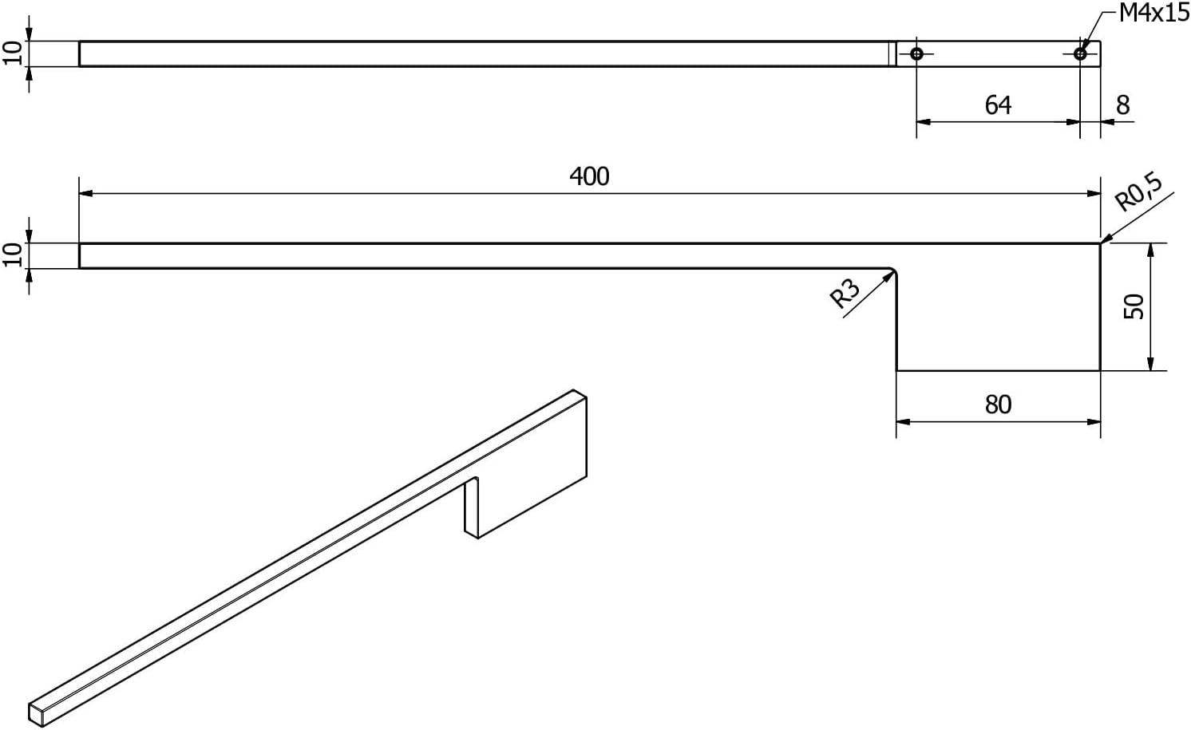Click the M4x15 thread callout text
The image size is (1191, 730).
click(1153, 13)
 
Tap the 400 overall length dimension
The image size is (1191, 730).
click(589, 176)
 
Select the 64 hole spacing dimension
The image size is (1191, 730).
click(998, 105)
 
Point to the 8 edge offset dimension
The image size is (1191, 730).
click(1123, 105)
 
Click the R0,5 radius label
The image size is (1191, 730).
click(1138, 191)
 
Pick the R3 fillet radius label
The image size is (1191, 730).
click(845, 294)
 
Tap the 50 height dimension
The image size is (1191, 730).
click(1134, 306)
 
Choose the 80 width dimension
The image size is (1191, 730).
click(998, 404)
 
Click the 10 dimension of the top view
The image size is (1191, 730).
click(13, 53)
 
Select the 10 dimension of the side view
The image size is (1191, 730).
click(13, 255)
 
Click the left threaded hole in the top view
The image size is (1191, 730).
click(916, 53)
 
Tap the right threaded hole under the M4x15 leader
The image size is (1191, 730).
click(1080, 53)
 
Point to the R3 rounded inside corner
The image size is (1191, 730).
click(894, 271)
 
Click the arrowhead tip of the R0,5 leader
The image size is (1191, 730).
click(1101, 243)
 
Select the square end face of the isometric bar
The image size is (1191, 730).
click(36, 714)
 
